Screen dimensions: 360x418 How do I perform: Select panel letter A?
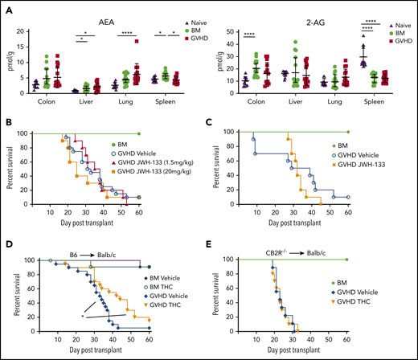[9, 8]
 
